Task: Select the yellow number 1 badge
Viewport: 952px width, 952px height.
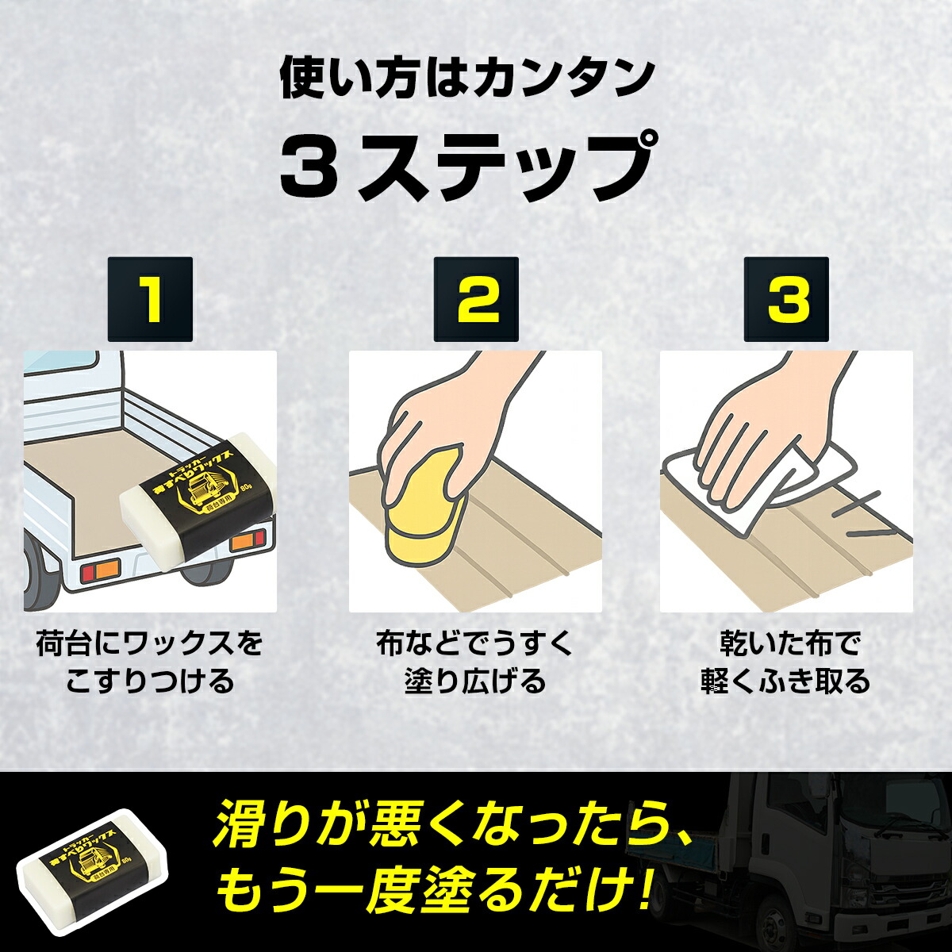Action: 150,300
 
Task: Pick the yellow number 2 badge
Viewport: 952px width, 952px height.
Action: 476,300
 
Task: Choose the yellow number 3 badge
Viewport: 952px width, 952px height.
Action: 786,300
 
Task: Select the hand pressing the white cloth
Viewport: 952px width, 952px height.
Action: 754,428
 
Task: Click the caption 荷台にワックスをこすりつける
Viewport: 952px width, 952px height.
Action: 150,662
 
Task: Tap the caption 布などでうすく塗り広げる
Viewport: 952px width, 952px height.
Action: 475,662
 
